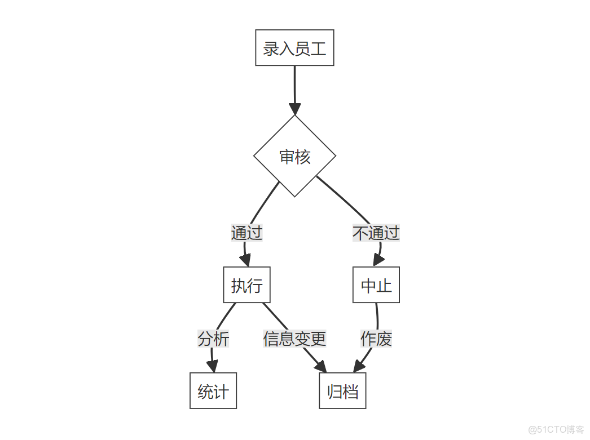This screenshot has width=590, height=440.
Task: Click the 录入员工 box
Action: click(294, 48)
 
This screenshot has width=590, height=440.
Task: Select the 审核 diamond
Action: click(294, 156)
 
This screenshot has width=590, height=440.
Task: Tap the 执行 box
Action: click(246, 285)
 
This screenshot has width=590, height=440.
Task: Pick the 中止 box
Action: click(376, 285)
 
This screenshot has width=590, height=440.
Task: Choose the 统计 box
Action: click(213, 391)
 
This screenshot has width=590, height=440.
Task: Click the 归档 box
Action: click(342, 391)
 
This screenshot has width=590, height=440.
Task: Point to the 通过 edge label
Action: click(246, 233)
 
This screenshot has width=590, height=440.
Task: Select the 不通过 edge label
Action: click(376, 233)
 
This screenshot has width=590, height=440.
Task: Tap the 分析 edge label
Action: click(213, 339)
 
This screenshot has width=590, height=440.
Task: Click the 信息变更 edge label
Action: click(294, 339)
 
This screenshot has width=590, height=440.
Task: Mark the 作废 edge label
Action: click(376, 339)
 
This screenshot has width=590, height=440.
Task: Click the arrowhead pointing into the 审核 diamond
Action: click(294, 109)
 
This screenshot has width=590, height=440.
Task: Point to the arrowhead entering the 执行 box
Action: click(245, 260)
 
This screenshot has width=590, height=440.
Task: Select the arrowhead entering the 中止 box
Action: click(378, 260)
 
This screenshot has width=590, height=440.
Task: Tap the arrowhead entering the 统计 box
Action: click(212, 366)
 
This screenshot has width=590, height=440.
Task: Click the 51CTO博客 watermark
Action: click(556, 429)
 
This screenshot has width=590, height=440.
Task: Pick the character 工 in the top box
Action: click(319, 48)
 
